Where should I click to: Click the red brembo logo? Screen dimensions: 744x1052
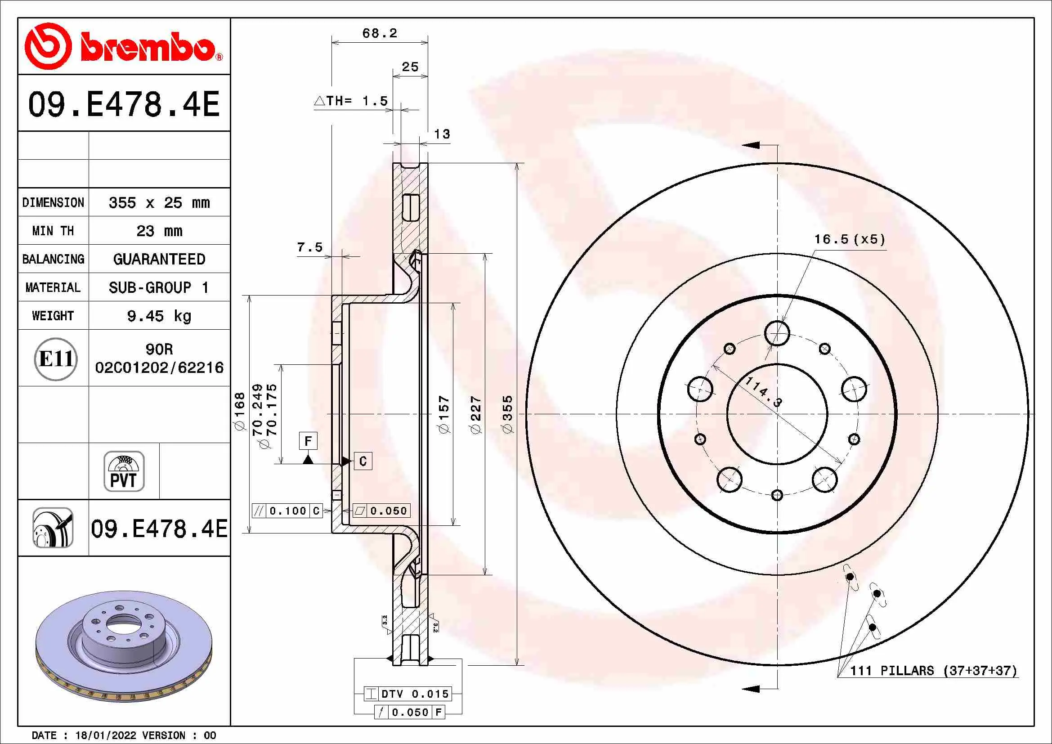[x=123, y=46]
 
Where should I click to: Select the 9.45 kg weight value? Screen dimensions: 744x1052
[x=159, y=316]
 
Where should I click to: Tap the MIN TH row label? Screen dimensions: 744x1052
[x=53, y=231]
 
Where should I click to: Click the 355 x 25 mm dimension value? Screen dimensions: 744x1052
[x=159, y=202]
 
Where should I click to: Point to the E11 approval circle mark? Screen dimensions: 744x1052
[x=55, y=359]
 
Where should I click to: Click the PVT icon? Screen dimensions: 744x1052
[x=124, y=471]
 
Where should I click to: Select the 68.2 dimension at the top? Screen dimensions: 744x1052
[x=380, y=33]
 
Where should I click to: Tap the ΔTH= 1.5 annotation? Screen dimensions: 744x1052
[x=351, y=101]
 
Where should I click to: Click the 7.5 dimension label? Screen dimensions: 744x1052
[x=310, y=247]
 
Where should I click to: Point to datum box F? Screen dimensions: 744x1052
[x=308, y=441]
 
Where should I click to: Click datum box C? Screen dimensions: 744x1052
[x=363, y=461]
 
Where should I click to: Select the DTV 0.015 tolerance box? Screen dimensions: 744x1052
[x=408, y=694]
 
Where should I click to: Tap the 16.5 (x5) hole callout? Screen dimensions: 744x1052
[x=849, y=239]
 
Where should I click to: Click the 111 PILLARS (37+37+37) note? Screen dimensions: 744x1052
[x=933, y=671]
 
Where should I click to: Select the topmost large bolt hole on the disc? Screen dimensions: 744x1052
[x=777, y=333]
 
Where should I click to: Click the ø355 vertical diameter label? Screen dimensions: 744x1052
[x=507, y=414]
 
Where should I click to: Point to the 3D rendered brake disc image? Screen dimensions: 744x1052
[x=124, y=646]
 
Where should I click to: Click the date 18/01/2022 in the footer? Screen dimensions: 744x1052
[x=105, y=735]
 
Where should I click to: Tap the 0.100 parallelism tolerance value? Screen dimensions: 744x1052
[x=287, y=511]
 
